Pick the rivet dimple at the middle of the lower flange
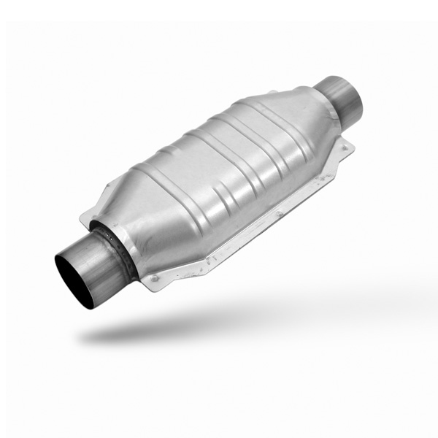(x=277, y=214)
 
